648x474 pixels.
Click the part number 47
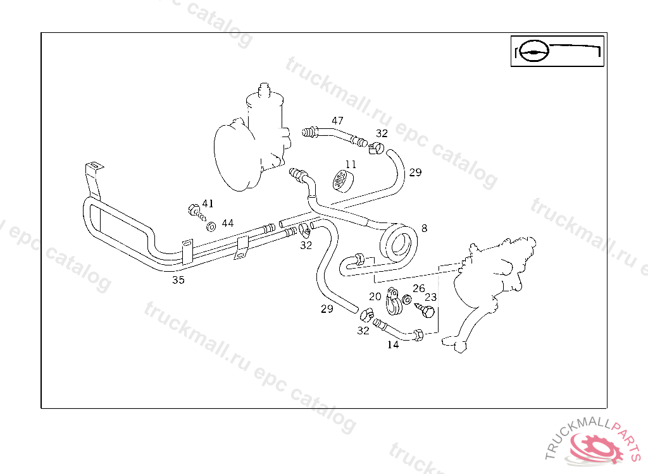coord(337,121)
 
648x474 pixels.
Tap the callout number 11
coord(351,164)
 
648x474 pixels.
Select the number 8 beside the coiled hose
coord(424,228)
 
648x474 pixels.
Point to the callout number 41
coord(208,204)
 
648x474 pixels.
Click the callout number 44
coord(227,223)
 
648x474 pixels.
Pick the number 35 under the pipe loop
coord(178,280)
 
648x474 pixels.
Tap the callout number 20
coord(375,296)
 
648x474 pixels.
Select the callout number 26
coord(418,288)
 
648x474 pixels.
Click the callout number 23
coord(431,296)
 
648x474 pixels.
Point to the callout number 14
coord(393,345)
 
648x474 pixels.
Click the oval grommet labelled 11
coord(342,179)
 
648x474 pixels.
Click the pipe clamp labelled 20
coord(393,302)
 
